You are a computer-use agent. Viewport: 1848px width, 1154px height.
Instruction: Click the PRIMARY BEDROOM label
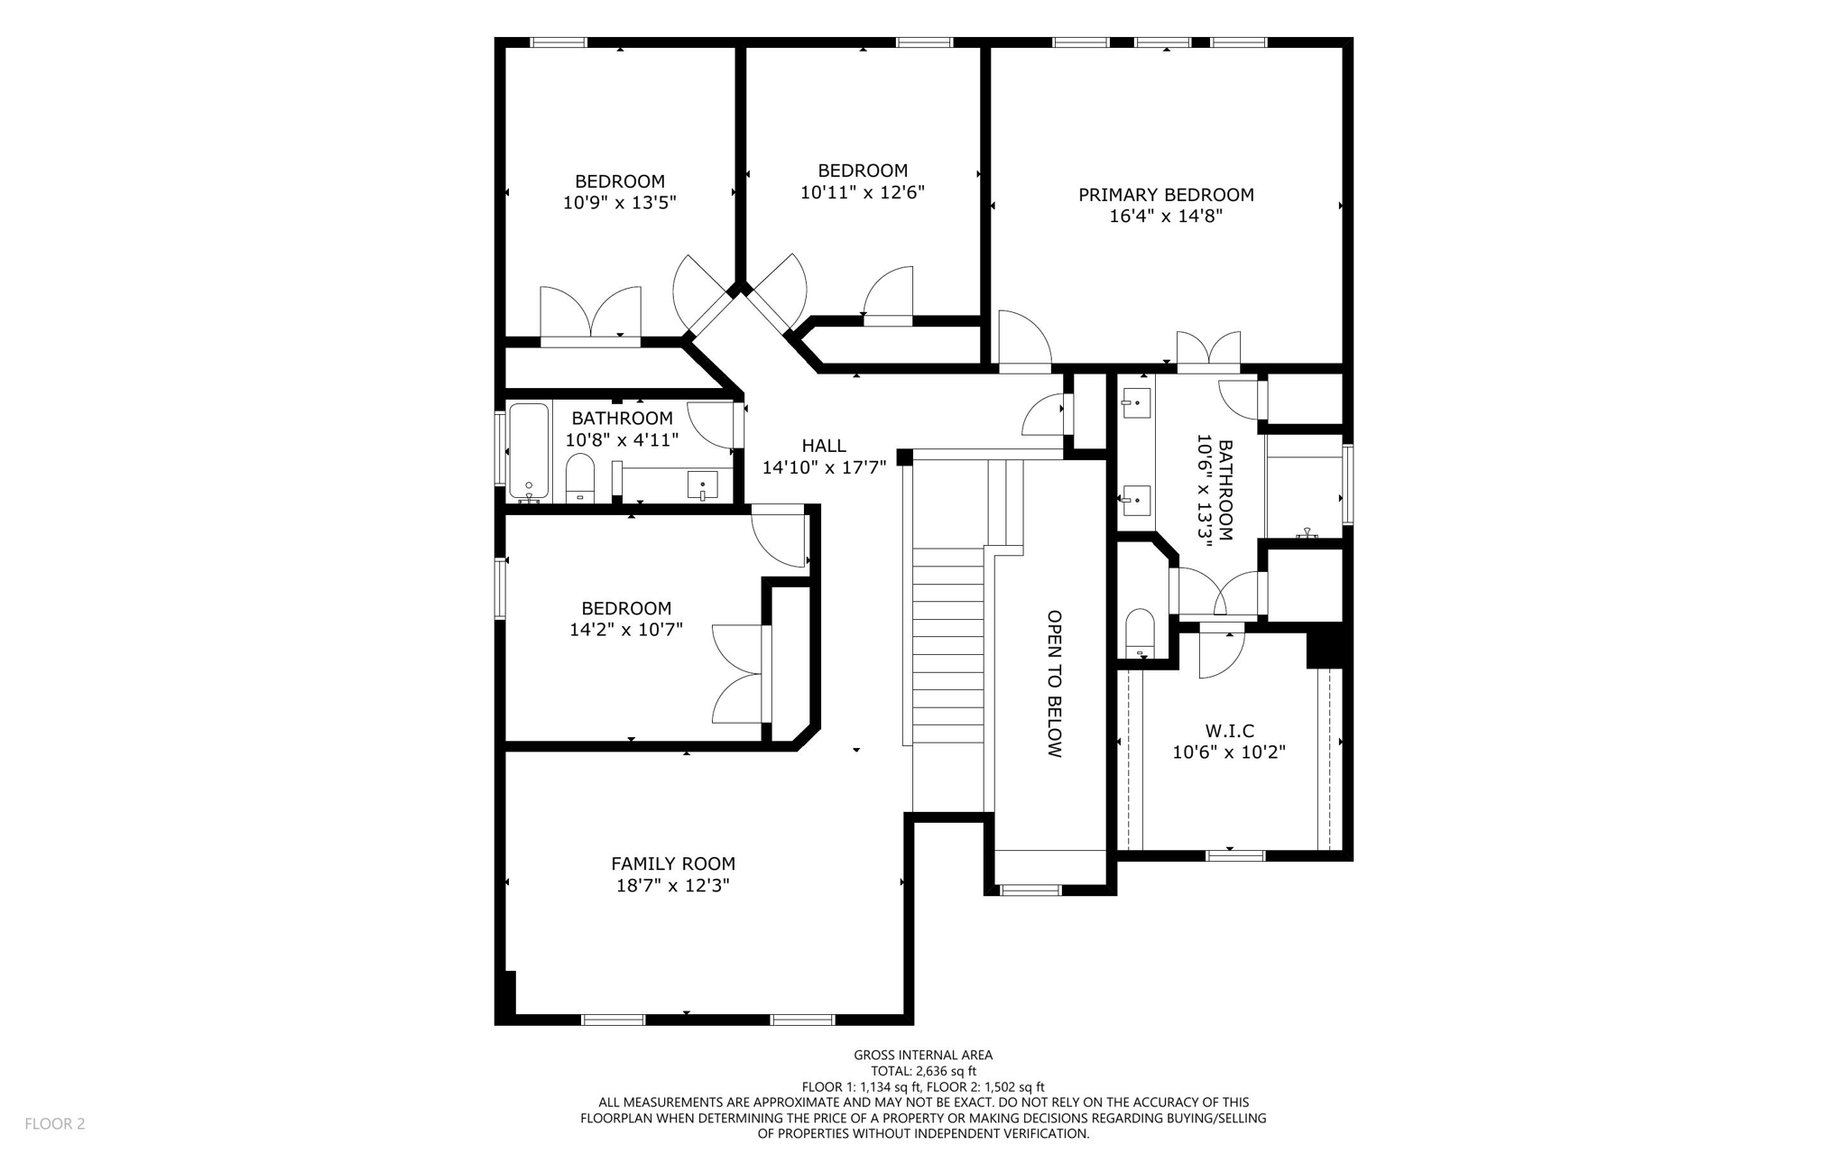point(1166,195)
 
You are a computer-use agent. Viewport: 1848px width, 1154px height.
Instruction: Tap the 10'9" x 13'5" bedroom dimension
point(619,203)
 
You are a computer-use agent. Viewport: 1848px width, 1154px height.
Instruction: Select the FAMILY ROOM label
point(673,863)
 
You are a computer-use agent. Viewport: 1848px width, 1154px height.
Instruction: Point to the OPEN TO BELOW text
point(1054,684)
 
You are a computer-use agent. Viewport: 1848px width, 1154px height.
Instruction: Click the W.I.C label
point(1229,731)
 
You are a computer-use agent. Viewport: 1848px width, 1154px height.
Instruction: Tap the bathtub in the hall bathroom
point(528,450)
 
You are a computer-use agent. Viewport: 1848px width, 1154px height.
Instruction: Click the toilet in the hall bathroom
point(579,477)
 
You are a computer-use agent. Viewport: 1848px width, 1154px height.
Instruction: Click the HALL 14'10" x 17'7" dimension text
point(824,467)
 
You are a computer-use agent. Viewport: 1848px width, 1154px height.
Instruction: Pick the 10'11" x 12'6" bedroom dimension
point(862,192)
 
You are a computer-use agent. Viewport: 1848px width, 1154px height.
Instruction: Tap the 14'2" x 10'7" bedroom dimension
point(625,630)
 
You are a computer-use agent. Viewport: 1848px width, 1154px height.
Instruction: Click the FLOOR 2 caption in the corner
point(54,1123)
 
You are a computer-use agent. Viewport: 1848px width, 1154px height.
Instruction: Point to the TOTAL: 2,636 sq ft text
point(923,1071)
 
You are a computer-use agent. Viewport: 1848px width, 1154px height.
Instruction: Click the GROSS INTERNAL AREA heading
point(923,1055)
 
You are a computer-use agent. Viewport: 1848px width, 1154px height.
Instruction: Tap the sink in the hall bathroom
point(702,485)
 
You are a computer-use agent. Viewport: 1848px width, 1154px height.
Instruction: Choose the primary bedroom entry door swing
point(1024,341)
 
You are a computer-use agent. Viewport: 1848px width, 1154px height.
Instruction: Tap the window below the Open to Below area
point(1030,891)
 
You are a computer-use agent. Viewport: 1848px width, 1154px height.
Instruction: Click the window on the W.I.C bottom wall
point(1235,855)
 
